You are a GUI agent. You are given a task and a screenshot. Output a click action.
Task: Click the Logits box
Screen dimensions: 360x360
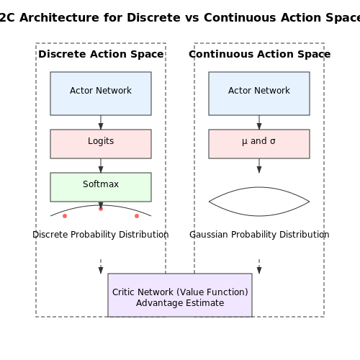coord(101,144)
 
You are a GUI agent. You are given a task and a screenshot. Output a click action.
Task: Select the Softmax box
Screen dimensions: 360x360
coord(101,187)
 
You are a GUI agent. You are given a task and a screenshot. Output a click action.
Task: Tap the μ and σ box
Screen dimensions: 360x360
coord(259,144)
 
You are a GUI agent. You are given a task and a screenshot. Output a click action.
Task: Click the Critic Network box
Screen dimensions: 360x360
coord(180,295)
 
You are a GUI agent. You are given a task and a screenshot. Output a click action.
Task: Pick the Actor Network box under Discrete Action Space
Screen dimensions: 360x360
coord(101,94)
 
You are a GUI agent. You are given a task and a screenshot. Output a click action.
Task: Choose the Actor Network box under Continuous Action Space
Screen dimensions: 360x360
coord(259,94)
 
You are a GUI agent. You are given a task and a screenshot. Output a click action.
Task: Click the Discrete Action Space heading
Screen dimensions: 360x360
coord(101,54)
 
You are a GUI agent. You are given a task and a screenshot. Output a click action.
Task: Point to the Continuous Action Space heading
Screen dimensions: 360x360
coord(260,54)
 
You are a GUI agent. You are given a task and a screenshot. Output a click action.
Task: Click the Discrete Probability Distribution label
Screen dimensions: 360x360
coord(101,235)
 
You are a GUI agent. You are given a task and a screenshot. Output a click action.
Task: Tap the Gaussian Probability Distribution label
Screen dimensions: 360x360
coord(259,235)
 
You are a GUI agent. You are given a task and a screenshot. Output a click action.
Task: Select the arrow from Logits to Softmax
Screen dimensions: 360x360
coord(101,166)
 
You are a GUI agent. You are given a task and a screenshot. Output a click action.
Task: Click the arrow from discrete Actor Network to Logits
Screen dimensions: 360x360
coord(101,122)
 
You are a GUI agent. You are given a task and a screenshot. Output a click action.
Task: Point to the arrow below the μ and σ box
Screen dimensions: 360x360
coord(259,166)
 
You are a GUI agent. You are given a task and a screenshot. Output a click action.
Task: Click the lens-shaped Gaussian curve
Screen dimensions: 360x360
coord(259,187)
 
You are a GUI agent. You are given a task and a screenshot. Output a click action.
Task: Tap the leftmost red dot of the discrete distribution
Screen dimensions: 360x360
coord(65,216)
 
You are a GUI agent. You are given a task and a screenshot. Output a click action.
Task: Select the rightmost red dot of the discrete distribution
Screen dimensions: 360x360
coord(137,216)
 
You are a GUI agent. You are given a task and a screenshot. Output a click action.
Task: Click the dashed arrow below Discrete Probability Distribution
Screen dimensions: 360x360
coord(101,266)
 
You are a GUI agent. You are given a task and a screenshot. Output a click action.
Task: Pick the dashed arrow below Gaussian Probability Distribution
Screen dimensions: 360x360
coord(259,266)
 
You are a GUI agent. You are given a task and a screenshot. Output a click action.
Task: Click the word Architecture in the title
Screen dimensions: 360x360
coord(59,18)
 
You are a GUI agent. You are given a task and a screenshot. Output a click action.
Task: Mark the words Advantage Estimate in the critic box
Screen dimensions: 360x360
coord(180,303)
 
